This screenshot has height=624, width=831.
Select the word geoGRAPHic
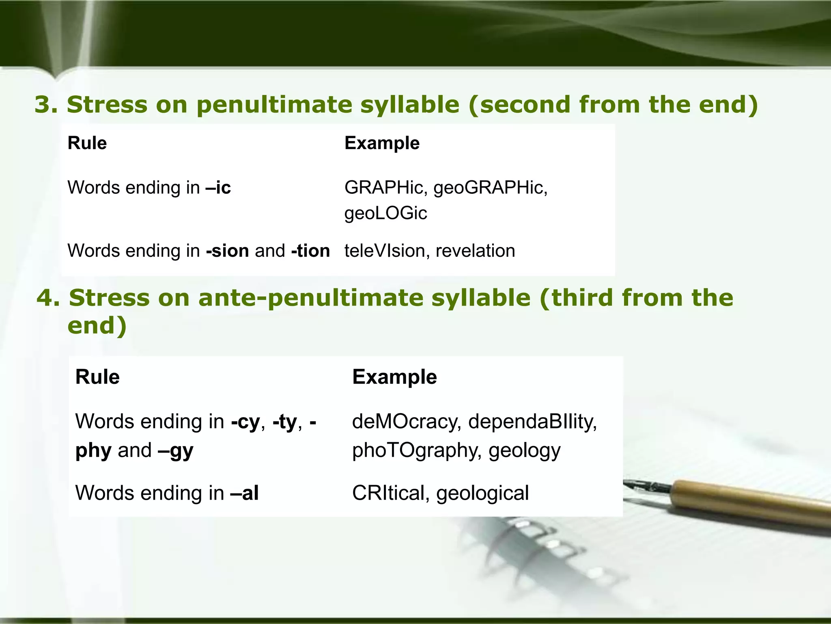pos(490,188)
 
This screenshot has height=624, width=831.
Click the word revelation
pos(475,251)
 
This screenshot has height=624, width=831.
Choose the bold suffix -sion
pos(227,251)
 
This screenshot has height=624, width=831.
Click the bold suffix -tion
pos(310,251)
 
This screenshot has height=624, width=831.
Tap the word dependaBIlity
pos(532,421)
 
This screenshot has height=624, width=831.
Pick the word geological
pos(482,493)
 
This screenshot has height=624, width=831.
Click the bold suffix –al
pos(244,493)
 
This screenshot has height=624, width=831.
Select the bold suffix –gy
pos(176,451)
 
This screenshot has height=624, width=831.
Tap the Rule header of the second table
pos(97,377)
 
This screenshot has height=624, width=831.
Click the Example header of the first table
pos(382,143)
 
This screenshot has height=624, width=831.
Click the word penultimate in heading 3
pos(278,104)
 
